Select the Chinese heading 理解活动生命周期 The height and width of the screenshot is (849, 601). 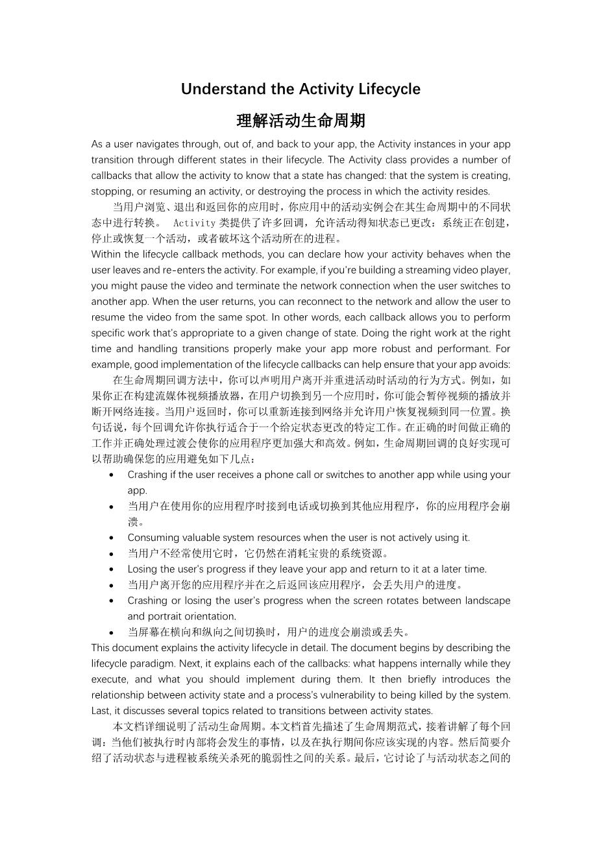(300, 121)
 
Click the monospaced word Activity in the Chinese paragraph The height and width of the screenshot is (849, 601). (195, 223)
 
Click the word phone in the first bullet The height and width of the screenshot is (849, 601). (279, 475)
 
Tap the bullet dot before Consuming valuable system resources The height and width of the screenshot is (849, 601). (113, 538)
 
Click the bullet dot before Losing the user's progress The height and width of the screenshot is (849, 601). (113, 569)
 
